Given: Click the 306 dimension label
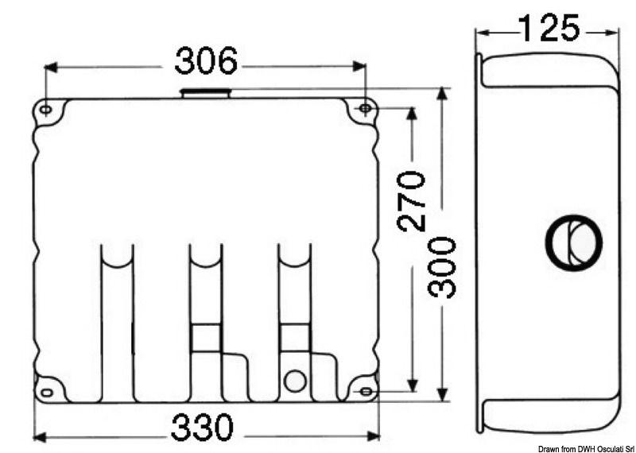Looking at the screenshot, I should [206, 62].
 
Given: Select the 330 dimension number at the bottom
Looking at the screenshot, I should [203, 428].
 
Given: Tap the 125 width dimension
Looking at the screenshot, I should [549, 29].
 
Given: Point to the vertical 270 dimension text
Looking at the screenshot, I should [412, 200].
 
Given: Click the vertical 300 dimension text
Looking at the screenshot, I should [442, 267].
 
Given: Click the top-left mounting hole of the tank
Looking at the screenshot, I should [46, 109].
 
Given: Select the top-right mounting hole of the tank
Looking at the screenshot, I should [365, 108].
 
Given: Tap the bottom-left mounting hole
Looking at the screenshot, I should [46, 390].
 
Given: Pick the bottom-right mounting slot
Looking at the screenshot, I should [365, 391].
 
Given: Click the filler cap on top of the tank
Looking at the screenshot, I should [206, 94].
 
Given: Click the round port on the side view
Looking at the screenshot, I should [572, 242].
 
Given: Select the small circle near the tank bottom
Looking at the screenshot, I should [294, 381].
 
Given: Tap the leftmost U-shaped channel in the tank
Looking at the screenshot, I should [117, 318].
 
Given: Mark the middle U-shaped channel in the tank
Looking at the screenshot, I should [205, 318].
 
